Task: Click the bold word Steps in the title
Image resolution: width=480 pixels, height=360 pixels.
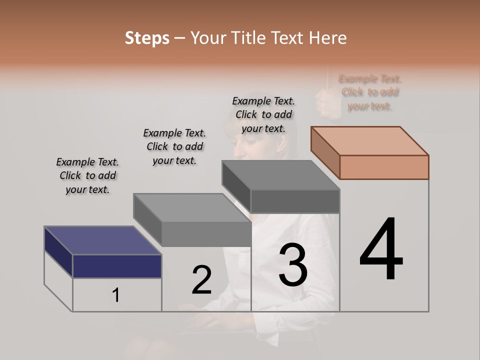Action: coord(147,38)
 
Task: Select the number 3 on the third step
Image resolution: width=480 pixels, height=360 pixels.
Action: coord(293,264)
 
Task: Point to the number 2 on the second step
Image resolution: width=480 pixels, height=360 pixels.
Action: coord(201,279)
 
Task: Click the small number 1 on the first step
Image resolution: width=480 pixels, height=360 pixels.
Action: coord(115,295)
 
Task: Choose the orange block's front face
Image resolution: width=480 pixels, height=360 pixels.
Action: coord(384,167)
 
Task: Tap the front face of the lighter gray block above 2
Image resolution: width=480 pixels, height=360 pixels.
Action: coord(206,233)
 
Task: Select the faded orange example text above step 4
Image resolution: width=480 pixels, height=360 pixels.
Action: coord(370,92)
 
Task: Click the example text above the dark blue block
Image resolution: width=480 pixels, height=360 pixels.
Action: coord(87,175)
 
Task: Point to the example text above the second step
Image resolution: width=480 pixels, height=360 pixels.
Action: coord(174,146)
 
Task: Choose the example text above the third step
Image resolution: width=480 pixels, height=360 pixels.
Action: coord(263,114)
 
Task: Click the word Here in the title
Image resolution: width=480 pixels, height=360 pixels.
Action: coord(327,38)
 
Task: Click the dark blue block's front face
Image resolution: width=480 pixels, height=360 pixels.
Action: coord(117,266)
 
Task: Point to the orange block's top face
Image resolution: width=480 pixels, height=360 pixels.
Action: coord(369,140)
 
